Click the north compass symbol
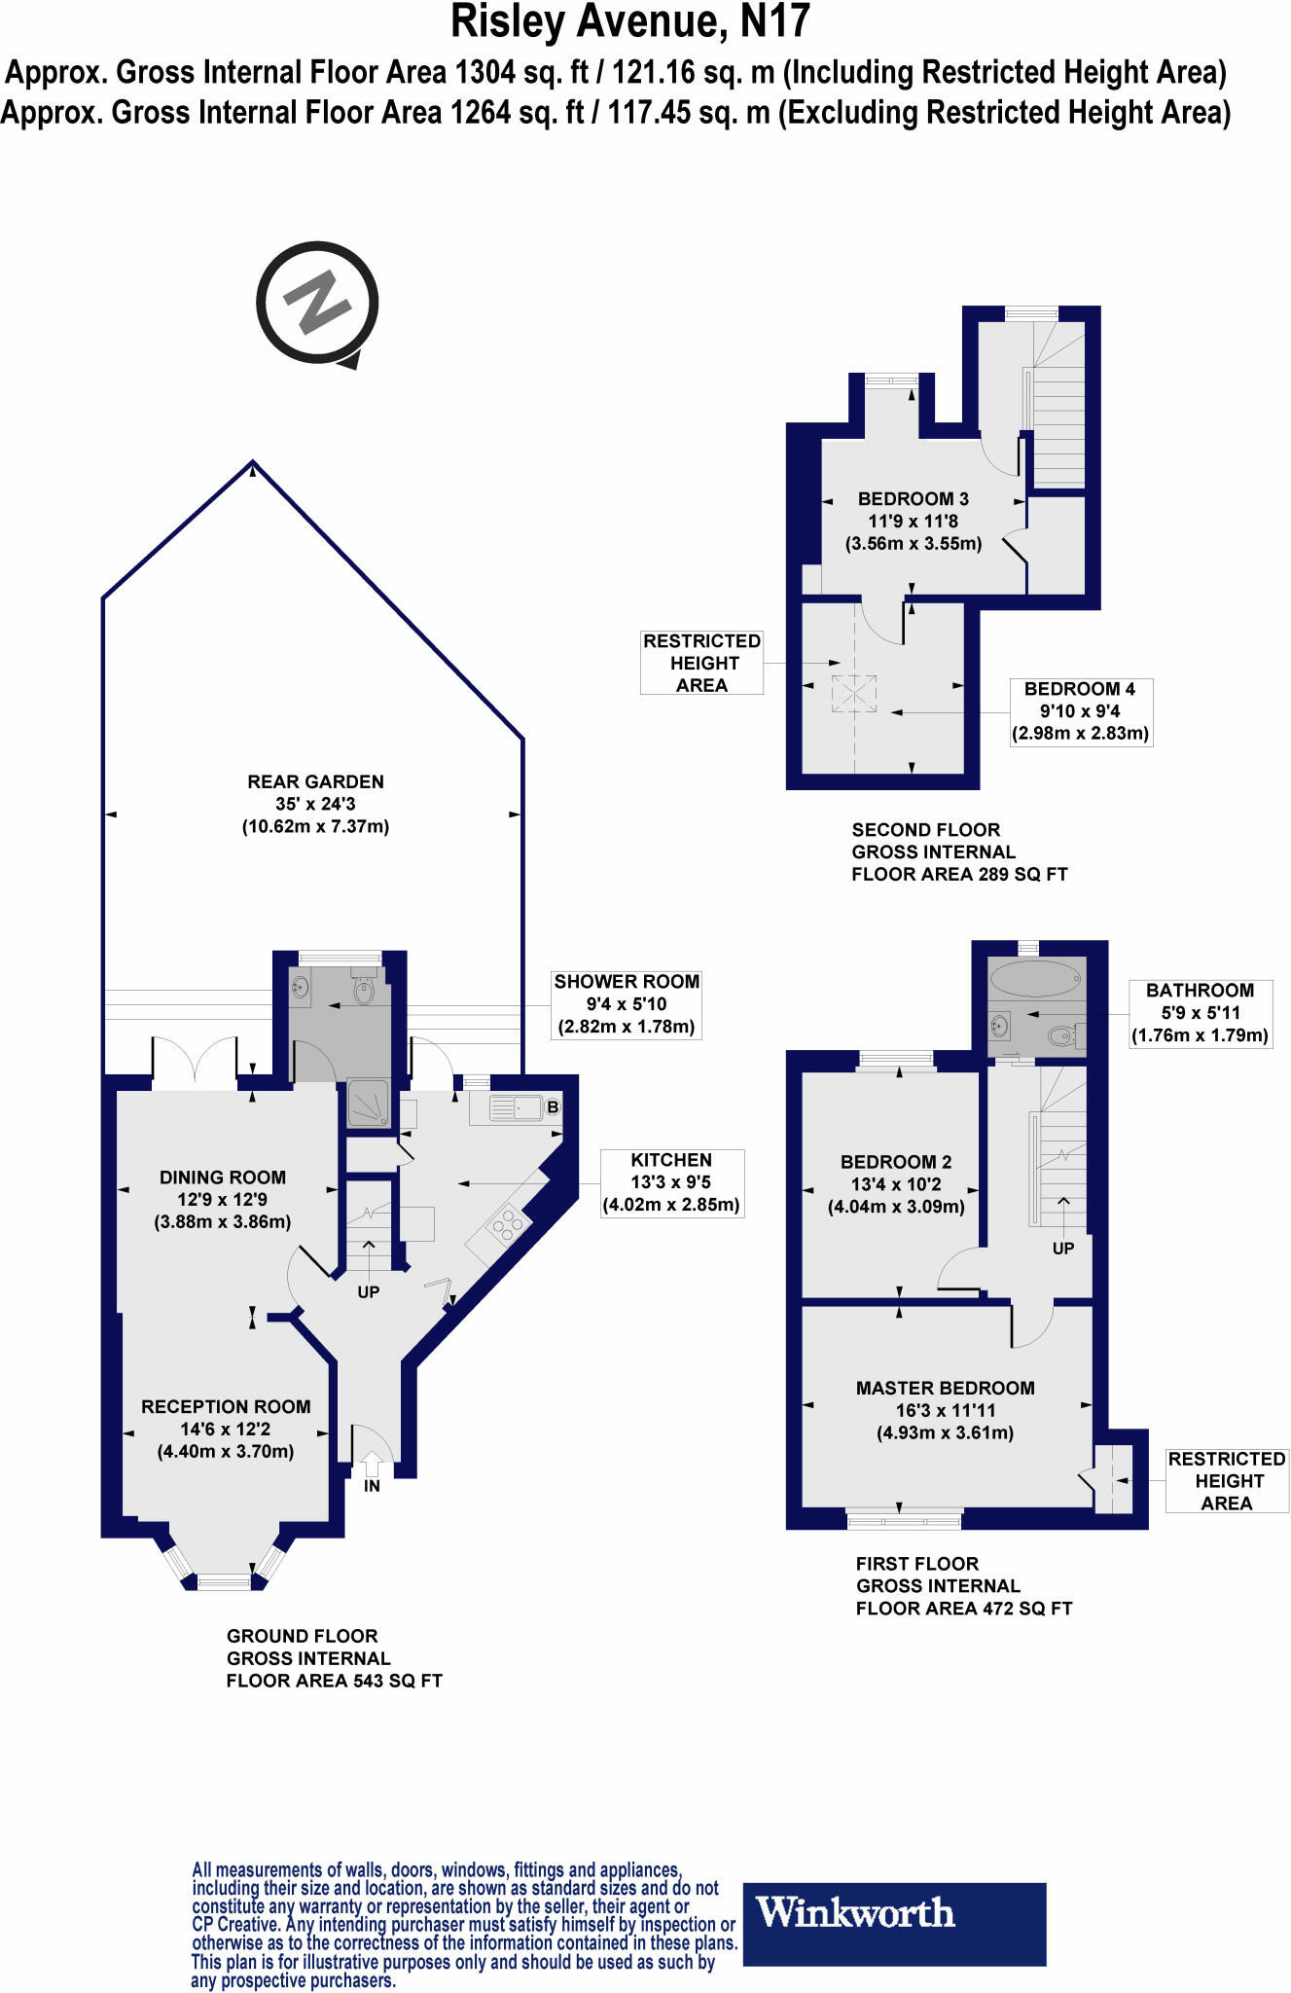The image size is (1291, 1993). [317, 303]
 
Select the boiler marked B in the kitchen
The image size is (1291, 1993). [553, 1106]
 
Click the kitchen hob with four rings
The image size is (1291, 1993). [508, 1225]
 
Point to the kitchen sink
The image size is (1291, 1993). [516, 1107]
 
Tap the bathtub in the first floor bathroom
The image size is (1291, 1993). [1034, 977]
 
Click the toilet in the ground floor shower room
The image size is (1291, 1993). [365, 990]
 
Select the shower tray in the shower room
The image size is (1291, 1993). [368, 1104]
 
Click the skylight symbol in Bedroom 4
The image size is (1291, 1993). [853, 694]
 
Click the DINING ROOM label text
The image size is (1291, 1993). [223, 1178]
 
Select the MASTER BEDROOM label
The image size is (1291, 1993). [945, 1388]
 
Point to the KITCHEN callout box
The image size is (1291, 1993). [671, 1182]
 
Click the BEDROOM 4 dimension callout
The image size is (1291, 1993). [1080, 711]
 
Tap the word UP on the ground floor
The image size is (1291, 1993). [368, 1292]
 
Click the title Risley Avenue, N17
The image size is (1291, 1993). [630, 22]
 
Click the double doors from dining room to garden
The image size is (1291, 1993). [195, 1061]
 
